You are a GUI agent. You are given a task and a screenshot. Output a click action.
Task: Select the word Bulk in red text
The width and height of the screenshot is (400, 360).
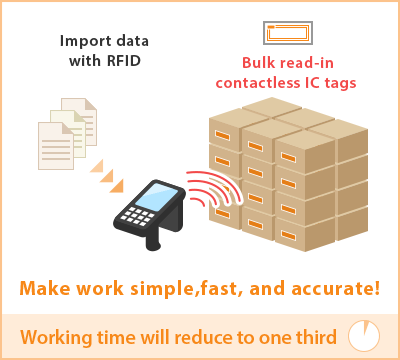[251, 62]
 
